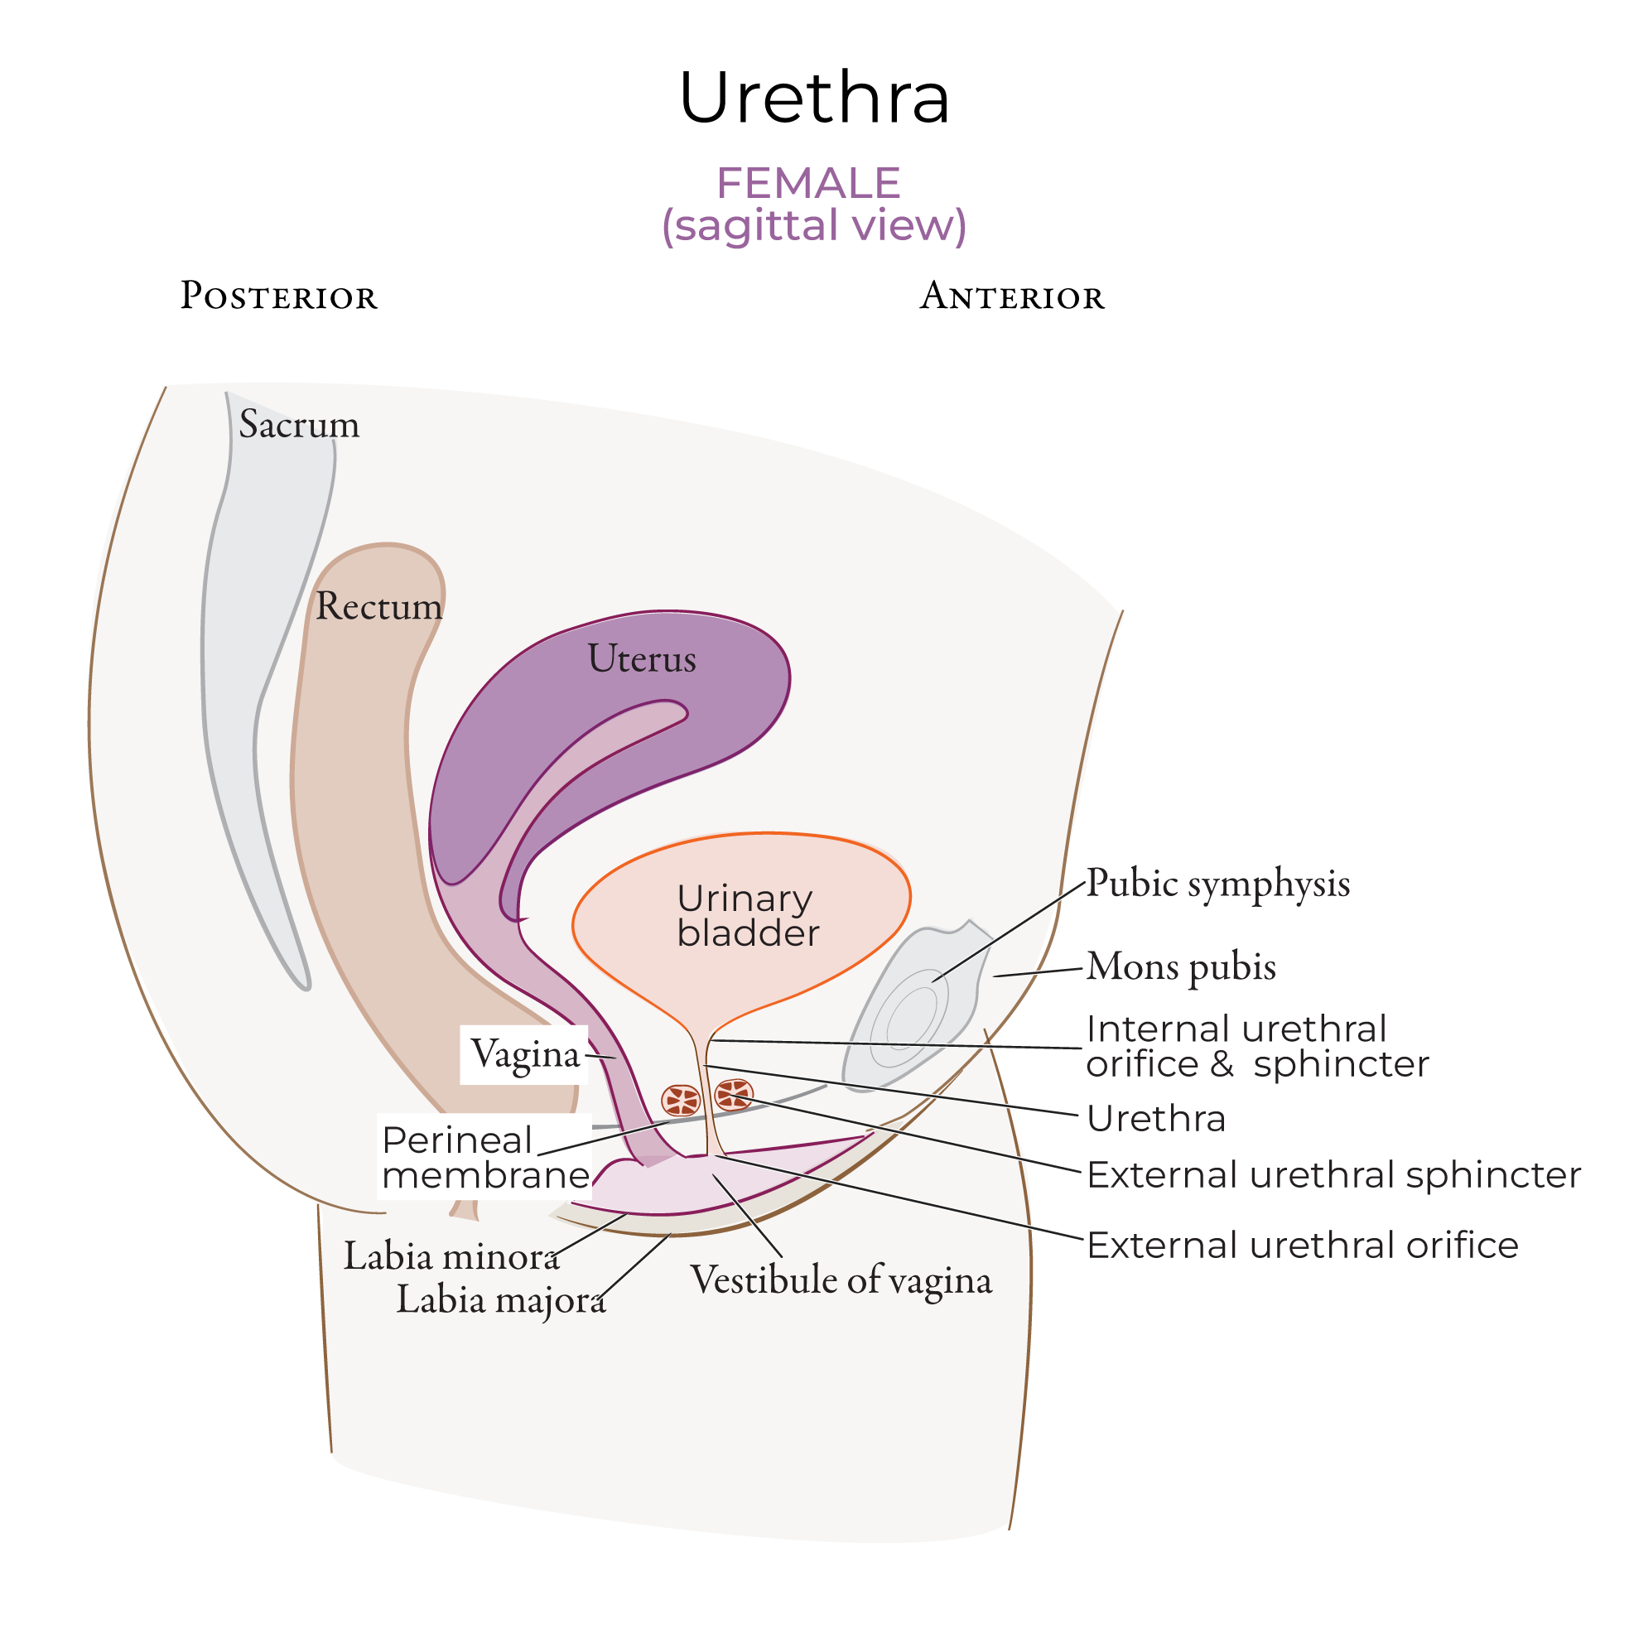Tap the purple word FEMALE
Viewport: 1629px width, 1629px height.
click(807, 183)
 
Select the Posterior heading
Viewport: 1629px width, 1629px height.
click(278, 296)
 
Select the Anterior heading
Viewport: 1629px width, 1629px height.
click(1011, 296)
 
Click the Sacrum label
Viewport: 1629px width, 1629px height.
click(298, 424)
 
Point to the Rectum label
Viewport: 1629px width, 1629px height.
click(378, 606)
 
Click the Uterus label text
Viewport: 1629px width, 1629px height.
click(642, 658)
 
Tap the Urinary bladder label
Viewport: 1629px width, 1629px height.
click(746, 916)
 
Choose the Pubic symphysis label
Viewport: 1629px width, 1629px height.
click(1217, 884)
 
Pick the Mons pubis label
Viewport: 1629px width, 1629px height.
click(1180, 966)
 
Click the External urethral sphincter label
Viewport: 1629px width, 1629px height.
click(1333, 1174)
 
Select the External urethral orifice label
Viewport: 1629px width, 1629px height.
click(1302, 1245)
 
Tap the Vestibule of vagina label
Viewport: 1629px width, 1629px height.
click(841, 1280)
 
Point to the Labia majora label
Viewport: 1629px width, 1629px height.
click(501, 1299)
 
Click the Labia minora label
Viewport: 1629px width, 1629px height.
click(451, 1256)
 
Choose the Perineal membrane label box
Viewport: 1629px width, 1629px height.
click(484, 1157)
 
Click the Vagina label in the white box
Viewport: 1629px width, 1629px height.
click(524, 1054)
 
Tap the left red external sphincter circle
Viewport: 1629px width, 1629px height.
click(681, 1101)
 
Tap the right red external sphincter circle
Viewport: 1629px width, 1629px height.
click(733, 1096)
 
